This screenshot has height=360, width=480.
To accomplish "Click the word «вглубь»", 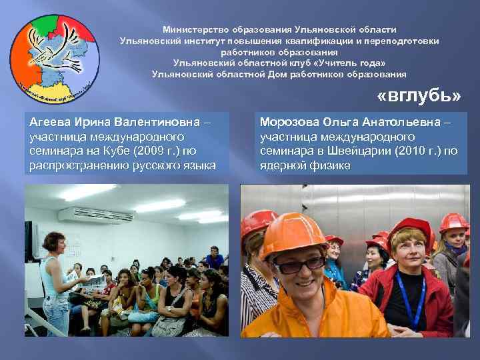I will tap(419, 96).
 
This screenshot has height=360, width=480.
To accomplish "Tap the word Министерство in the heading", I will tap(196, 30).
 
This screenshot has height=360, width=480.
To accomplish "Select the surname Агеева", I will tap(51, 122).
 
